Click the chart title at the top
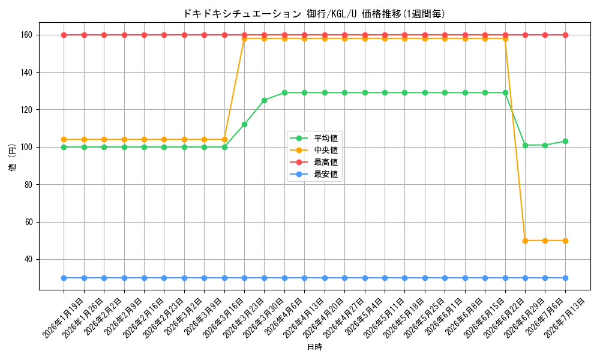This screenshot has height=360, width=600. tap(314, 14)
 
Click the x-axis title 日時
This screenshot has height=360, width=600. tap(314, 347)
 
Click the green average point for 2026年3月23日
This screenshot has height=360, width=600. tap(245, 124)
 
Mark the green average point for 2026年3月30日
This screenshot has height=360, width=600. tap(265, 100)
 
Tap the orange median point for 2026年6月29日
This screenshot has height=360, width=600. tap(526, 241)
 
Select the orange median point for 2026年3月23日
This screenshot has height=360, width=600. tap(245, 38)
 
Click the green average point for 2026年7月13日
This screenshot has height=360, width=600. tap(565, 141)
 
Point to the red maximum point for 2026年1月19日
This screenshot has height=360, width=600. tap(64, 35)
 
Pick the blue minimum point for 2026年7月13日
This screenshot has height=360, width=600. tap(565, 278)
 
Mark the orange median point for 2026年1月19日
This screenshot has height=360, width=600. tap(64, 139)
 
